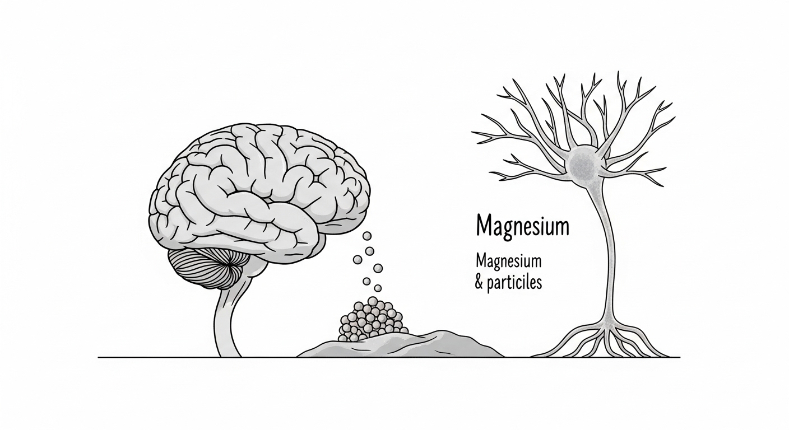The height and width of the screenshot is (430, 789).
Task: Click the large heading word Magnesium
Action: tap(522, 227)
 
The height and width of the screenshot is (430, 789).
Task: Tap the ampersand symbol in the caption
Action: tap(480, 283)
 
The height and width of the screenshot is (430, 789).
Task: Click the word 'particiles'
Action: tap(516, 283)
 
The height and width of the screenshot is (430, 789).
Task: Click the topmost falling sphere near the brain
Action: tap(367, 236)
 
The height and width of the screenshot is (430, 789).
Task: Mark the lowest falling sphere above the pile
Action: tap(377, 288)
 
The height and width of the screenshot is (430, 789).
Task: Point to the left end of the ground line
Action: tap(100, 357)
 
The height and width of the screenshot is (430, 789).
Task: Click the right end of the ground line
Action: tap(679, 357)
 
